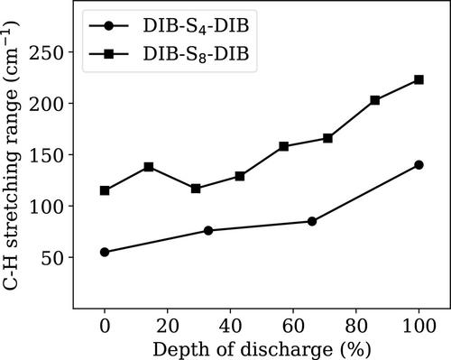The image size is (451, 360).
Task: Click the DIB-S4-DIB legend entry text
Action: [196, 26]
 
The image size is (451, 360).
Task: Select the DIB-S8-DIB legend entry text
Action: [196, 54]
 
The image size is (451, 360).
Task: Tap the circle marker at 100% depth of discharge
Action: [419, 165]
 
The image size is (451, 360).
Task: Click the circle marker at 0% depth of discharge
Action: [105, 252]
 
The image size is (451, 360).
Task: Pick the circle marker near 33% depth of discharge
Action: [208, 231]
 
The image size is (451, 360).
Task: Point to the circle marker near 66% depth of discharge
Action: [312, 221]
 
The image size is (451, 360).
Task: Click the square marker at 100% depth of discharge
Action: [419, 79]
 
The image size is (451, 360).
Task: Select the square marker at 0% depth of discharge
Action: [105, 190]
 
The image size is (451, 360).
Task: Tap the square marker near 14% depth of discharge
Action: [149, 167]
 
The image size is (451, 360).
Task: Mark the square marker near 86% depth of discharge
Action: [375, 100]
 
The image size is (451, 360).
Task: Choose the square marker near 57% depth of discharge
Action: [284, 146]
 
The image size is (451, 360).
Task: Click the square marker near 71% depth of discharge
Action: [327, 138]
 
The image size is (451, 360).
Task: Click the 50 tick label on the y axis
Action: [54, 258]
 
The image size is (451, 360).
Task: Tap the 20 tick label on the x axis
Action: [168, 326]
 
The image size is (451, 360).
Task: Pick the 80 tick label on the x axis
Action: [356, 326]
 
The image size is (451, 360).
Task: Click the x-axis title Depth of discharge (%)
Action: [262, 349]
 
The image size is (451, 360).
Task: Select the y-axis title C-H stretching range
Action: [12, 181]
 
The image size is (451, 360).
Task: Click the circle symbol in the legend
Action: [109, 26]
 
